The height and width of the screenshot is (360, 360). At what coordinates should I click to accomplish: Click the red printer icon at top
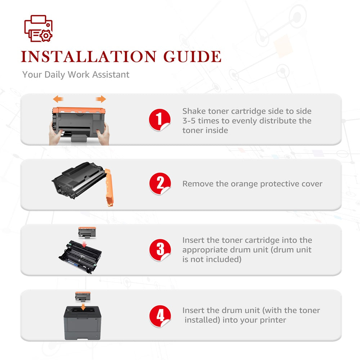[39, 28]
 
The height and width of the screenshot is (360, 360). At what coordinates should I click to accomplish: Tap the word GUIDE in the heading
[192, 57]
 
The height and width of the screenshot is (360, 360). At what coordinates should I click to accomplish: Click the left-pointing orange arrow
[58, 99]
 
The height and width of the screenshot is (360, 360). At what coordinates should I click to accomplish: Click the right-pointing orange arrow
[101, 99]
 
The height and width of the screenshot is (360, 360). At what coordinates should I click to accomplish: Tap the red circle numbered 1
[159, 120]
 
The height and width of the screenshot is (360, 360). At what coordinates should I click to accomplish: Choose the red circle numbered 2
[160, 184]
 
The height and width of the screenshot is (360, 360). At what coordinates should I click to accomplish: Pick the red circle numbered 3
[160, 250]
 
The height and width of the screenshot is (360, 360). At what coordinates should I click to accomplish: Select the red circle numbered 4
[160, 316]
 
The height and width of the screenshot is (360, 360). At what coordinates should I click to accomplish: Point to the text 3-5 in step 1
[189, 121]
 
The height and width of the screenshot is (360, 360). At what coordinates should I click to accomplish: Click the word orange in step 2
[244, 184]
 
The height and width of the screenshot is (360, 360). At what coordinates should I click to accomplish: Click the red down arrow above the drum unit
[84, 244]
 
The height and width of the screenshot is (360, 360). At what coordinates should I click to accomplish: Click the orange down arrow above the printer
[83, 307]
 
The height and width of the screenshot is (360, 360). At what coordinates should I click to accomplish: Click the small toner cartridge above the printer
[83, 297]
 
